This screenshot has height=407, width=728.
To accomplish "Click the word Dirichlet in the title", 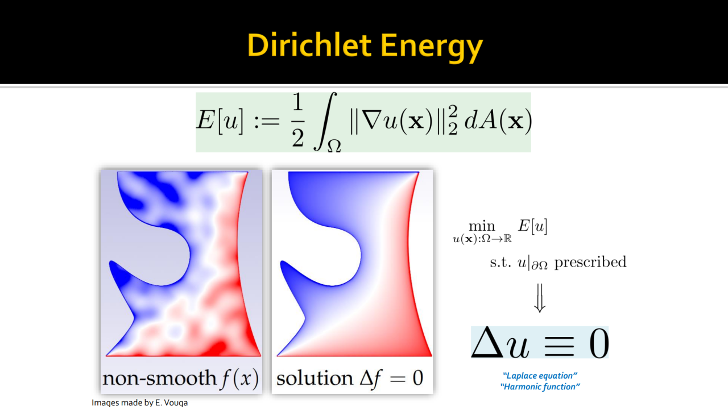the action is point(309,45).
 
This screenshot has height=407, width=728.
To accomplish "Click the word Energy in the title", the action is point(432,47).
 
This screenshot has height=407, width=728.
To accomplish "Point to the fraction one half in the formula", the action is point(297,120).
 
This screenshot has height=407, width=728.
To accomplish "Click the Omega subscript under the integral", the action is point(334,146).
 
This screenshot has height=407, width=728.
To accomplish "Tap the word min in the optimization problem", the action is point(482,226).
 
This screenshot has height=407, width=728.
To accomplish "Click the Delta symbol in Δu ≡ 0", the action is point(487,342).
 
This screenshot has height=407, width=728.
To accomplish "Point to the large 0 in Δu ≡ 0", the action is point(599,343).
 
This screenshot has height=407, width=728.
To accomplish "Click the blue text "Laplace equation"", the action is point(540,376).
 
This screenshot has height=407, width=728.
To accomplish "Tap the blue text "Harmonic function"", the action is point(540,387).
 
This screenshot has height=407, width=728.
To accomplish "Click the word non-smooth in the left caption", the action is point(160,379).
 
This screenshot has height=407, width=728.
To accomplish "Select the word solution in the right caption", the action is point(315,379).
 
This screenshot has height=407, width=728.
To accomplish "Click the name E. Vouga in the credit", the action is point(171,403).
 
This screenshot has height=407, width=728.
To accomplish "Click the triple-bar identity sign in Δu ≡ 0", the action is point(559,346).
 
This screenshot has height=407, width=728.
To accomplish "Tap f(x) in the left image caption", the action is point(239,379).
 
